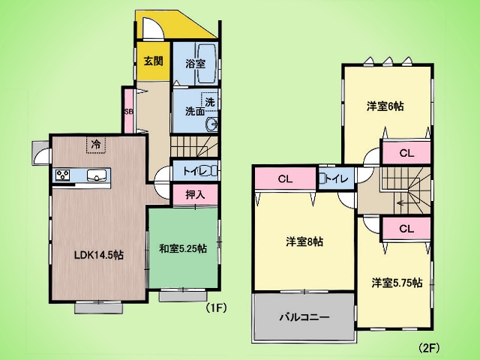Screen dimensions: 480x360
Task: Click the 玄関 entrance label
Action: point(153,61)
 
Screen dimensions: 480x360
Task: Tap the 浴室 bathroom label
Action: point(195,64)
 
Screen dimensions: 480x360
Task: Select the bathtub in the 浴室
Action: point(207,64)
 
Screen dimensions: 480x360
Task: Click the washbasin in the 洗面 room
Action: point(212,124)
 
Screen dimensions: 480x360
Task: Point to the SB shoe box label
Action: point(128,112)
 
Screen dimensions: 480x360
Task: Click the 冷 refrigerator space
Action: point(96,145)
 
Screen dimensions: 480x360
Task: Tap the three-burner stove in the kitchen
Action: point(63,175)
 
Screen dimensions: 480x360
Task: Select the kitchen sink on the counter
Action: point(97,175)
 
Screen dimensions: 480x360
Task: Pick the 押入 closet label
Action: point(195,195)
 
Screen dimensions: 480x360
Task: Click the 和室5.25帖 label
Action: point(183,248)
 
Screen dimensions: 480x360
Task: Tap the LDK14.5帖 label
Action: point(99,255)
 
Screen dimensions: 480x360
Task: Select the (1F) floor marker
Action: point(217,307)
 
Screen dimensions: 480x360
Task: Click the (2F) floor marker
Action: point(429,348)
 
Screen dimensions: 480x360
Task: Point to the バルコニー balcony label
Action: point(304,316)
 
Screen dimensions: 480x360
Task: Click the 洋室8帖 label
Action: point(304,242)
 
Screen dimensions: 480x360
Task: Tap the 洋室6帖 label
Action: point(385,106)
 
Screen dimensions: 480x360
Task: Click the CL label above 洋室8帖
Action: point(285,179)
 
